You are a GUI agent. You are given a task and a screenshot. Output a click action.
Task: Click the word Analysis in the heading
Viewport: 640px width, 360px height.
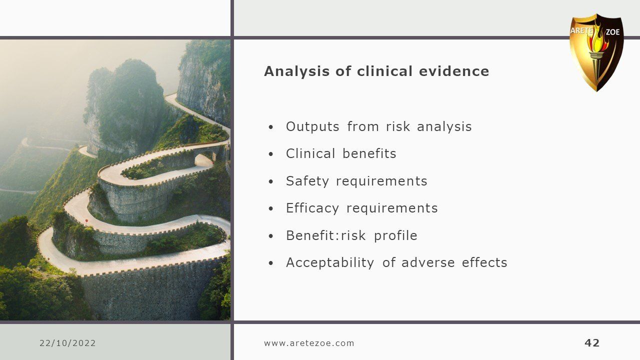pos(297,71)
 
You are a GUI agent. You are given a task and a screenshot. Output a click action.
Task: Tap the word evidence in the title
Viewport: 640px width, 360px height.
pos(454,71)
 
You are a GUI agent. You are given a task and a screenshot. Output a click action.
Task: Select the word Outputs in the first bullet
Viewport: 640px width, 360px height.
pos(312,126)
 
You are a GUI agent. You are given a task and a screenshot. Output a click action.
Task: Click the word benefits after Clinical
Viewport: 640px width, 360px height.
pos(369,153)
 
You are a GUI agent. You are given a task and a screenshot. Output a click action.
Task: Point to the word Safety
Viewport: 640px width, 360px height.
pos(307,181)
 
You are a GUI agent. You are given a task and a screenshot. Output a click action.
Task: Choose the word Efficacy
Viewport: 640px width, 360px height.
pos(312,208)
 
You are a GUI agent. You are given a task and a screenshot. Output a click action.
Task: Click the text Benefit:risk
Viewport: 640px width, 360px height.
pos(325,235)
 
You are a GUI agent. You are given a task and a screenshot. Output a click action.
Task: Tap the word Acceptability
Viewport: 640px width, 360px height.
pos(330,263)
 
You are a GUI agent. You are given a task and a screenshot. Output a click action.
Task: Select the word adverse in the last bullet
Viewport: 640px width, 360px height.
pos(428,262)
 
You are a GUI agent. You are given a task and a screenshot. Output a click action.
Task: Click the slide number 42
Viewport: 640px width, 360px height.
pos(592,343)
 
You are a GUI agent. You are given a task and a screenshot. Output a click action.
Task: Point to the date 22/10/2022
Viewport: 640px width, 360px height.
pos(67,343)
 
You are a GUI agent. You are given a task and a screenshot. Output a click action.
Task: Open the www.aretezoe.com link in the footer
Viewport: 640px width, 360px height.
pos(309,343)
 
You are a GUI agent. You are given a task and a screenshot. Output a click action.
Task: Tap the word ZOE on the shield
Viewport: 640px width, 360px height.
pos(612,32)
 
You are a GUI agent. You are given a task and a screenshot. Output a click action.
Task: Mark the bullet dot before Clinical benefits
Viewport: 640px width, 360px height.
pos(271,154)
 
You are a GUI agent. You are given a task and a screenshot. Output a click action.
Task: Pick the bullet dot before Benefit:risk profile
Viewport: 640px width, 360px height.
pos(271,236)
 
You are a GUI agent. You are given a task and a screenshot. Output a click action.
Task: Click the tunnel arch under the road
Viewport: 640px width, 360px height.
pos(203,160)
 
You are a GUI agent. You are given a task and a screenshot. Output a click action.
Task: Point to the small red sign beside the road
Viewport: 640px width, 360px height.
pos(86,220)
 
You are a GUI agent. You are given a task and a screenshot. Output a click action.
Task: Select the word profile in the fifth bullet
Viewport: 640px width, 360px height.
pos(395,236)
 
